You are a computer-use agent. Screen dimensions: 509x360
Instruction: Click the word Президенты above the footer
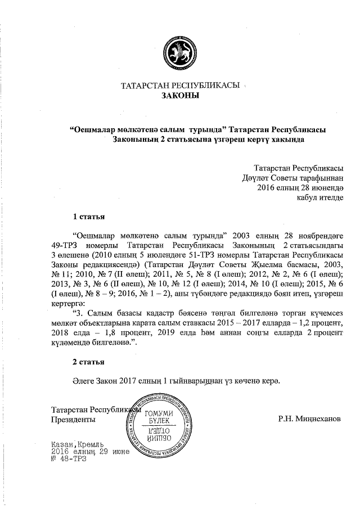73,420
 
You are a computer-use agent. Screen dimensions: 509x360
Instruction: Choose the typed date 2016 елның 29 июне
90,451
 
